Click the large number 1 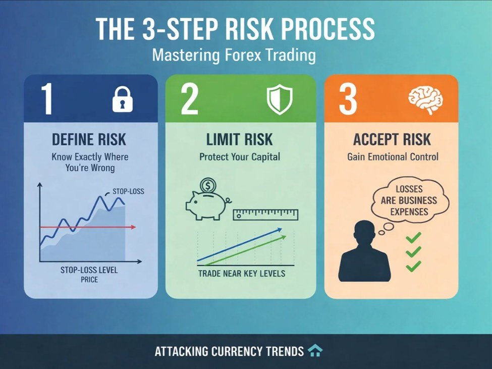(47, 99)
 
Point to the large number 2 (189, 99)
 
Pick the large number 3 (348, 99)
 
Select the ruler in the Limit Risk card (265, 215)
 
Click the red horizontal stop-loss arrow (88, 227)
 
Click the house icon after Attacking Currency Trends (315, 351)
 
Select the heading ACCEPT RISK (392, 140)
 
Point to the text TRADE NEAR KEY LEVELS (241, 274)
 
